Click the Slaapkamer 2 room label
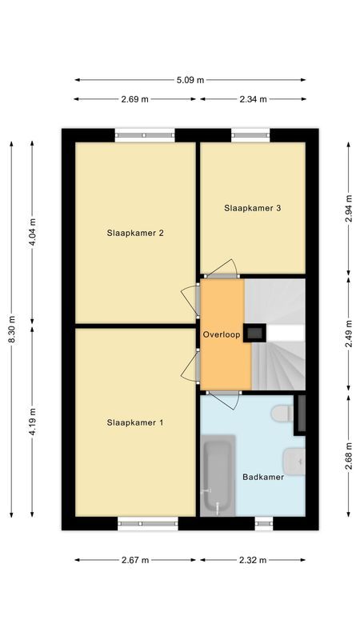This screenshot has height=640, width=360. [x=135, y=234]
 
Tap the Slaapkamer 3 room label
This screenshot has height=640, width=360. [x=252, y=208]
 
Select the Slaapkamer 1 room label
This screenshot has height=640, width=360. [x=135, y=422]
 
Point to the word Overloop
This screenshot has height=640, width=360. [x=222, y=334]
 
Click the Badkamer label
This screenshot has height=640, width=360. [x=263, y=477]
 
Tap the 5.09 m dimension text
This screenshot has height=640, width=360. [x=190, y=80]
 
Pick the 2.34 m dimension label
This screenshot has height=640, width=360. [x=252, y=99]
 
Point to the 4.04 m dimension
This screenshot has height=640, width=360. [x=33, y=234]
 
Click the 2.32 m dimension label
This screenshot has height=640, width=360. [x=252, y=560]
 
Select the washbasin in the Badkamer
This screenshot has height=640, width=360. [x=294, y=459]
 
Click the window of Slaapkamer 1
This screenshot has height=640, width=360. [x=148, y=524]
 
